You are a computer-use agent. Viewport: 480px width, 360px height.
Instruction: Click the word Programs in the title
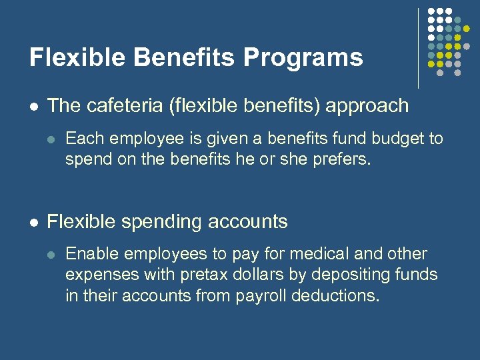303,58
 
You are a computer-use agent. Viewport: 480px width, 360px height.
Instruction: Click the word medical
314,254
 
